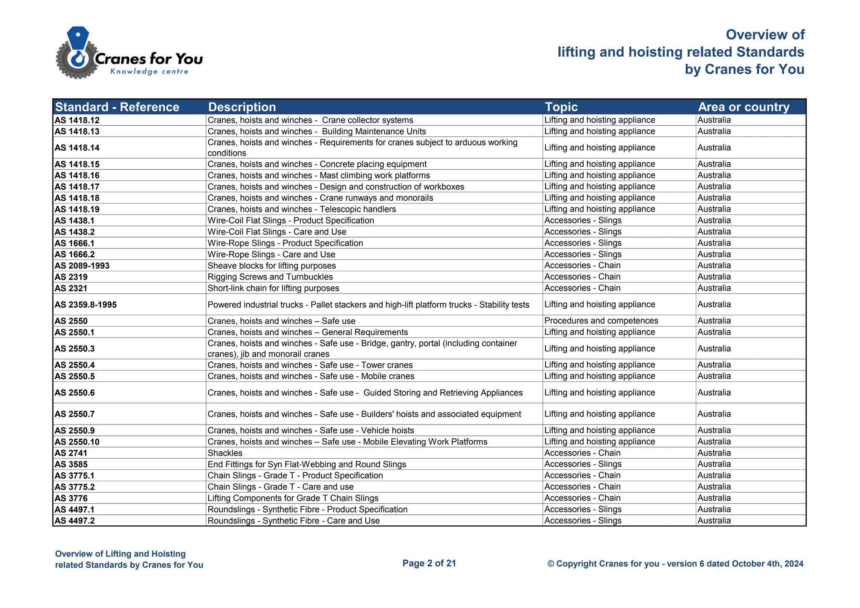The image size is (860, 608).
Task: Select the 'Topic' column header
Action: click(561, 107)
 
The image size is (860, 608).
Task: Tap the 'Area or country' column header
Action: click(743, 107)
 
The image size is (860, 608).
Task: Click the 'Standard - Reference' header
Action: click(117, 107)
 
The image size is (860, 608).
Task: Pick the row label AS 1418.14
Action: click(77, 148)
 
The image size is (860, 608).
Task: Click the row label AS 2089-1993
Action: click(82, 266)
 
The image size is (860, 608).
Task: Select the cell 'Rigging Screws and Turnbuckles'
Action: click(270, 277)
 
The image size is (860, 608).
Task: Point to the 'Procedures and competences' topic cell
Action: click(601, 321)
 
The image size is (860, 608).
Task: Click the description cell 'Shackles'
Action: click(225, 453)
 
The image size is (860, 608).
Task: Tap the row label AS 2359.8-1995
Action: click(86, 305)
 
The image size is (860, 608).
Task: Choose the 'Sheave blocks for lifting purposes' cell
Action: click(272, 266)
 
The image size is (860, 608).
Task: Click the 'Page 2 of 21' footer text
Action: click(429, 563)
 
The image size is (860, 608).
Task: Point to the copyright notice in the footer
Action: click(675, 564)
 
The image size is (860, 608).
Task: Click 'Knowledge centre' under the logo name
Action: click(149, 71)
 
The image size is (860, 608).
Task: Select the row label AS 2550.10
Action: click(77, 442)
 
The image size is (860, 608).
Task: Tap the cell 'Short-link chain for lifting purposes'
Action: click(273, 288)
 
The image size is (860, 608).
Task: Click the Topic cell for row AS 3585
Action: click(583, 464)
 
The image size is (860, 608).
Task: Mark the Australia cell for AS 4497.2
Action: click(714, 521)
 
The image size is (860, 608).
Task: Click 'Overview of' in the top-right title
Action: click(765, 35)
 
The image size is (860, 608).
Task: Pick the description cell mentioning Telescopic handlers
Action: click(302, 209)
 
